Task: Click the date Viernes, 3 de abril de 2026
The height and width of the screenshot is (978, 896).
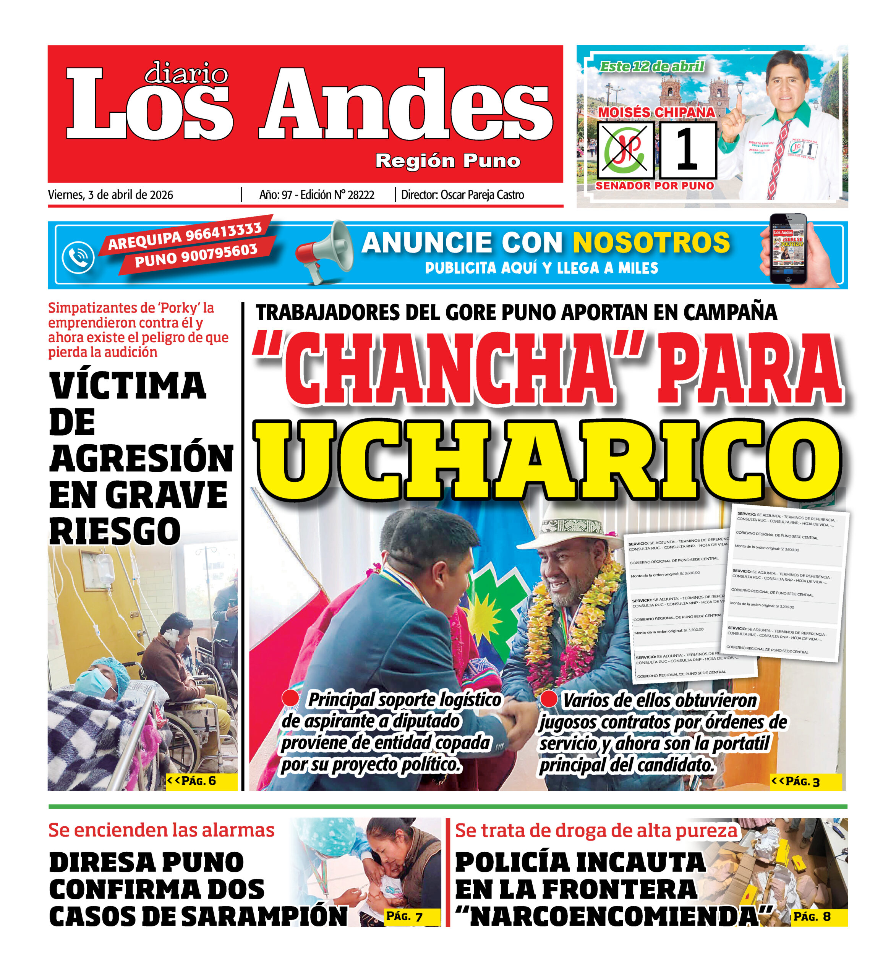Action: click(110, 195)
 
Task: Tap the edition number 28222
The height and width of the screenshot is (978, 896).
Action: click(361, 195)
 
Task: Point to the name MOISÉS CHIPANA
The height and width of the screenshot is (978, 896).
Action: click(656, 113)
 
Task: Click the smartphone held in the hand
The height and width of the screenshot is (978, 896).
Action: click(788, 249)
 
